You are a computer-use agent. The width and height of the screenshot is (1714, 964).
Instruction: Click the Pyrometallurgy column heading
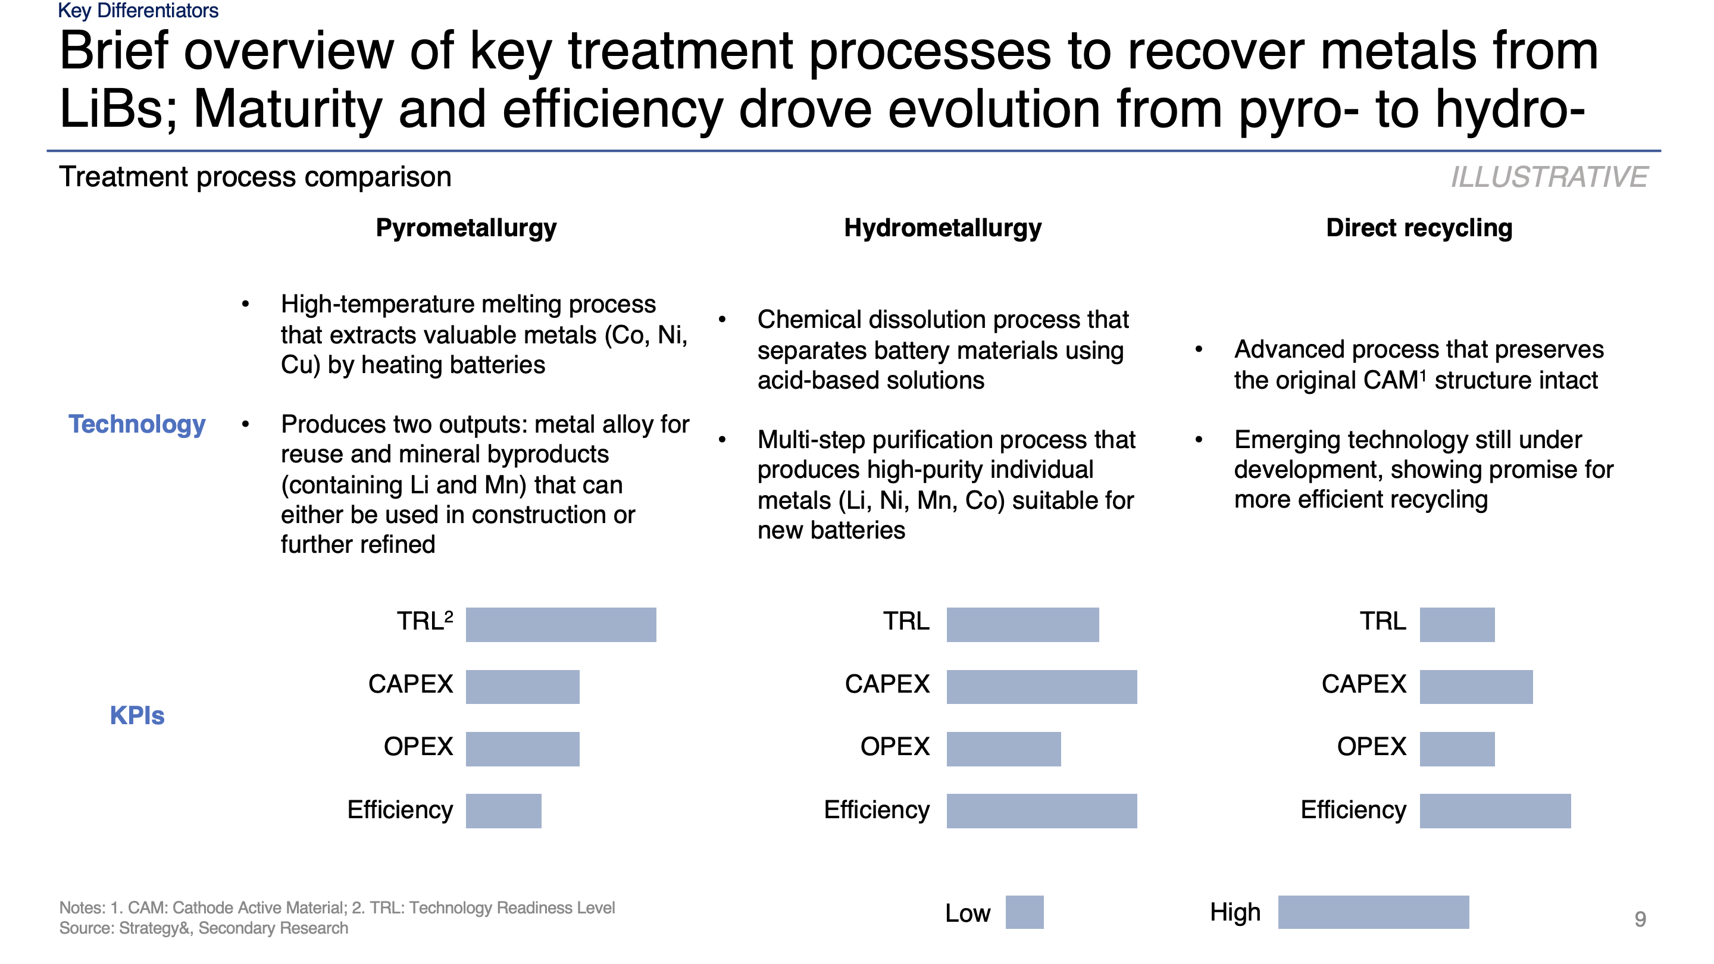coord(466,227)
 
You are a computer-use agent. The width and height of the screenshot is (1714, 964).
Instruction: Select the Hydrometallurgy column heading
coord(942,227)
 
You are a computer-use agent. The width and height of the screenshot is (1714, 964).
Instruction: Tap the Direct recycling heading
coord(1419,227)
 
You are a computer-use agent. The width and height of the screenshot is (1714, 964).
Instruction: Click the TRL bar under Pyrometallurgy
coord(560,624)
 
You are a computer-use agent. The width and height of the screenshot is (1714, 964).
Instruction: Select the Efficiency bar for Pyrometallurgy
coord(503,810)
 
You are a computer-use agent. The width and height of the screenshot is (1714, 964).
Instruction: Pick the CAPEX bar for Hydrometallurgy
coord(1041,687)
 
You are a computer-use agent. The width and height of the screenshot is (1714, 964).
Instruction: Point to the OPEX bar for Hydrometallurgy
coord(1003,749)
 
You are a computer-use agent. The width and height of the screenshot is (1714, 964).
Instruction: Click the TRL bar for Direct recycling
coord(1456,624)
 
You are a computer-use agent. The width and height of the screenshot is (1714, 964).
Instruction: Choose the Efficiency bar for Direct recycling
coord(1494,810)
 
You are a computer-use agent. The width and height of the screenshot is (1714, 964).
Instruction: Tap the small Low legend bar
coord(1024,912)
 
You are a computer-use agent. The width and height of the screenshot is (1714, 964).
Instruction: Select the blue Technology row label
coord(137,424)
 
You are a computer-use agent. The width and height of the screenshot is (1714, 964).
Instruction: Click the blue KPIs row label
coord(137,715)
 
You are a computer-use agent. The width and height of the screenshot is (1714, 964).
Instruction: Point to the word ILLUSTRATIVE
coord(1549,177)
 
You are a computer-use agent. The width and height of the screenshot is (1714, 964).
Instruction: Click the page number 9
coord(1640,919)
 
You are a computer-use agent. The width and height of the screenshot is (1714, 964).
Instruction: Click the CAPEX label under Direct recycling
coord(1363,684)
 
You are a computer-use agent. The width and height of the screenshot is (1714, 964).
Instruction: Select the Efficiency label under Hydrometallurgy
coord(876,810)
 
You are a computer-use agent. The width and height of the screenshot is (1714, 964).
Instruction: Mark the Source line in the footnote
coord(204,928)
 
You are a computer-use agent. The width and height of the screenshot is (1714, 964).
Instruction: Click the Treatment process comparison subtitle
coord(255,177)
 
